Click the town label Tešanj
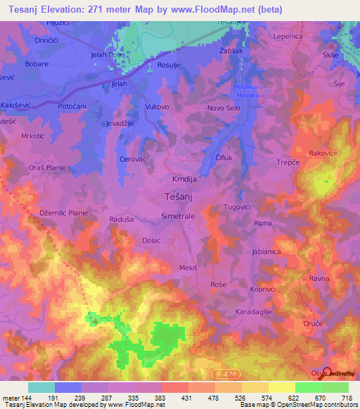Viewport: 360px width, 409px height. tap(179, 197)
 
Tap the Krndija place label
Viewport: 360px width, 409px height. tap(179, 179)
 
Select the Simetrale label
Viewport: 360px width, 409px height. tap(178, 216)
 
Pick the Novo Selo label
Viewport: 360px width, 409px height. tap(224, 108)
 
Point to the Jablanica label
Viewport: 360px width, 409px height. tap(267, 251)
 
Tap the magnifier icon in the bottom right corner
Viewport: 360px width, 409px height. tap(326, 375)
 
